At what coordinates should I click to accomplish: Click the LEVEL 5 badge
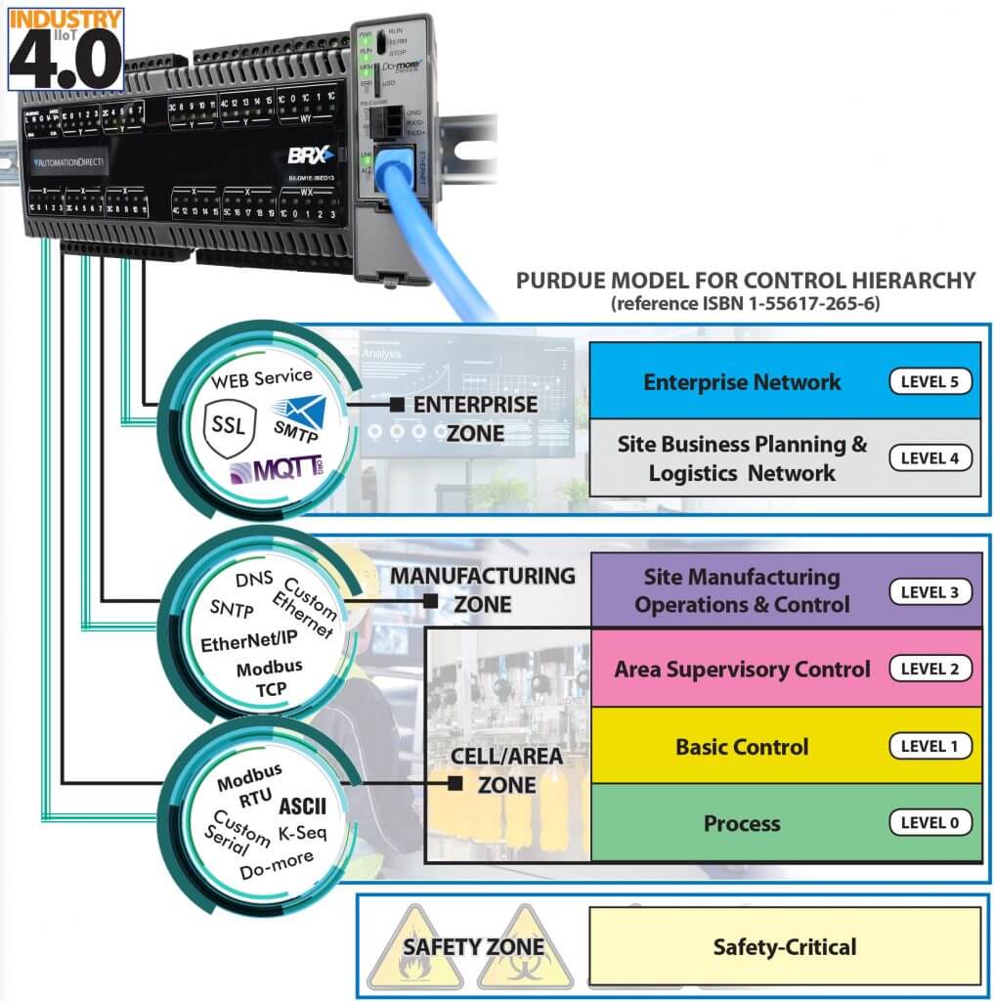coord(929,381)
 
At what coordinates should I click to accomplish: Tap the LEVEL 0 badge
coord(929,823)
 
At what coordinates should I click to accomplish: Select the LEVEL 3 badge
coord(929,591)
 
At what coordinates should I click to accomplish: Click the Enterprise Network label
coord(742,381)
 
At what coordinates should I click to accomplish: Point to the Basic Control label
coord(742,747)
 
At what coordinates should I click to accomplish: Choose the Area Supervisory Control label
coord(742,670)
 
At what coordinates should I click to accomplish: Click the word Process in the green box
coord(742,823)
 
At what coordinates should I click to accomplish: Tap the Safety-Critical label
coord(785,946)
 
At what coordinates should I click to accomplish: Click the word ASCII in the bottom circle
coord(303,806)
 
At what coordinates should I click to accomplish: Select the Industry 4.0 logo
coord(65,49)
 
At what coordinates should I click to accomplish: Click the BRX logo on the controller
coord(311,154)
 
